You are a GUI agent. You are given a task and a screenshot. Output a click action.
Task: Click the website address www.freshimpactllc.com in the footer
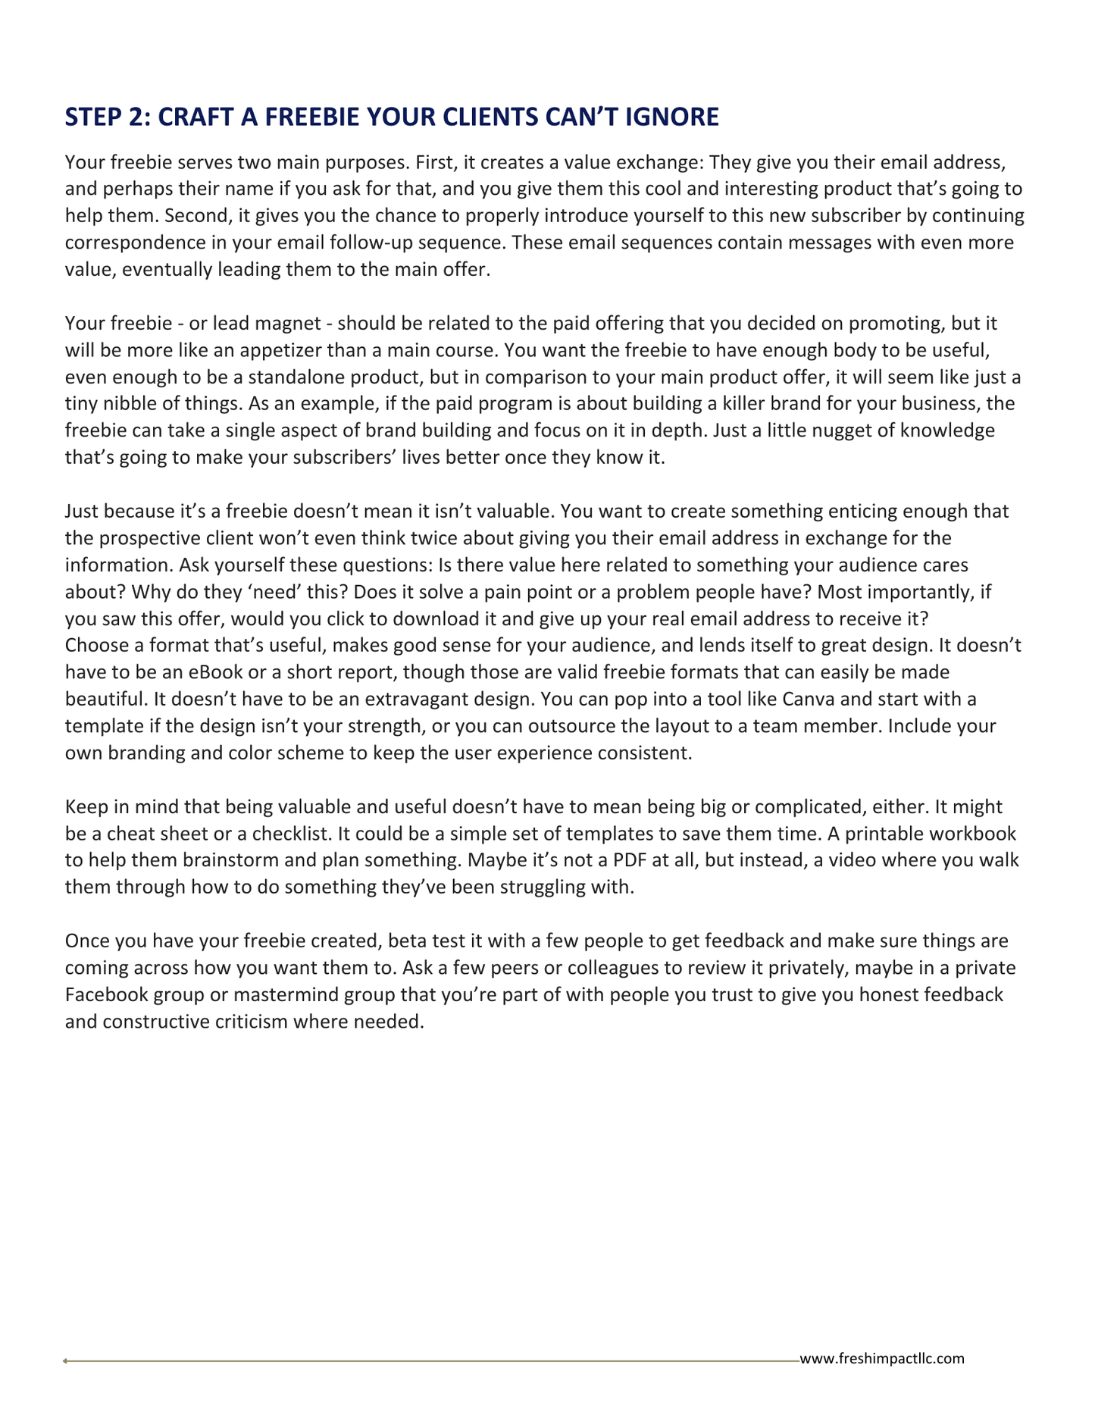tap(882, 1358)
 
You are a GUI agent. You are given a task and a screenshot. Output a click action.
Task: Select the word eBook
tap(194, 672)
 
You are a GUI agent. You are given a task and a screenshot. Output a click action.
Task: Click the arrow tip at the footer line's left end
tap(65, 1361)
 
